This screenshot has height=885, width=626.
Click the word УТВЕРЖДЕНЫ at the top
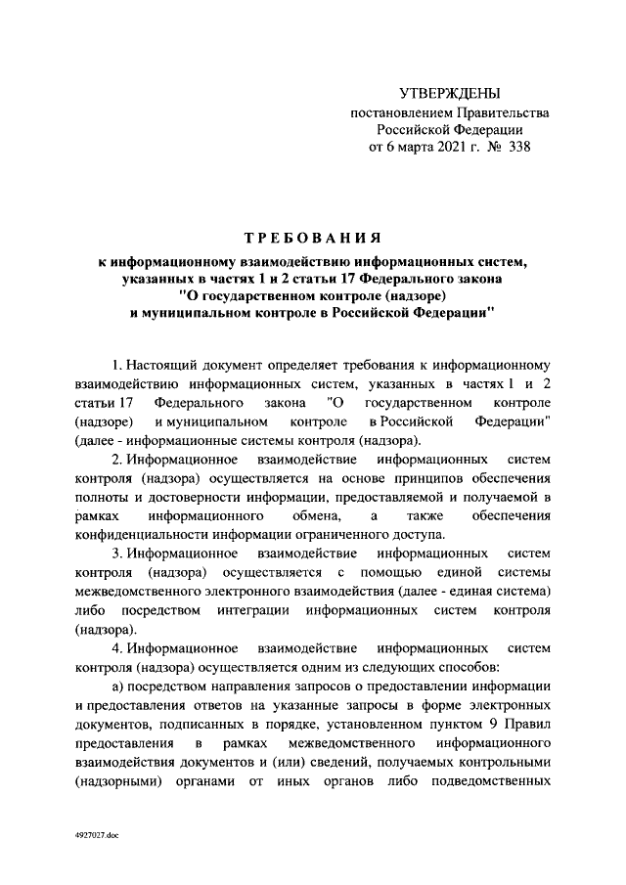coord(450,93)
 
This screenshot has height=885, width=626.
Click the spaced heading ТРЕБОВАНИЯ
coord(313,239)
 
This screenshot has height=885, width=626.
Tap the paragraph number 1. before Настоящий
coord(117,367)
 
